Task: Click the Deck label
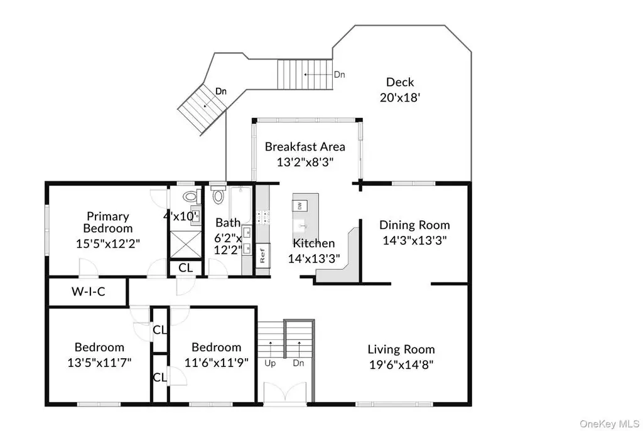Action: tap(400, 82)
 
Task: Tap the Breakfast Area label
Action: tap(305, 147)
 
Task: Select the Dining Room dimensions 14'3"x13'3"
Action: tap(414, 240)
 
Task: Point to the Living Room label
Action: tap(401, 349)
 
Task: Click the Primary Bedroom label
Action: tap(108, 222)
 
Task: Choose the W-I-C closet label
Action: tap(88, 291)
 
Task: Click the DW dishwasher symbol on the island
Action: tap(300, 205)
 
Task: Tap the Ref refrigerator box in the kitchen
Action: tap(262, 255)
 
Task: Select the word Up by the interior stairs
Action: tap(270, 363)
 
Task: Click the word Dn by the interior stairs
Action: tap(298, 363)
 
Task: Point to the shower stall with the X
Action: tap(186, 245)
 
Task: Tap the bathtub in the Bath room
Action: tap(240, 205)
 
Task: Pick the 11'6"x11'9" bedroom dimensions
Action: tap(217, 363)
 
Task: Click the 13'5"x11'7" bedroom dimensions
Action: tap(99, 363)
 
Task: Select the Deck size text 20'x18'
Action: tap(400, 97)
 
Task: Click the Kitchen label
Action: tap(314, 243)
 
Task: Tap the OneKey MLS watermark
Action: tap(609, 423)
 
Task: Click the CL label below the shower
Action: tap(185, 268)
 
